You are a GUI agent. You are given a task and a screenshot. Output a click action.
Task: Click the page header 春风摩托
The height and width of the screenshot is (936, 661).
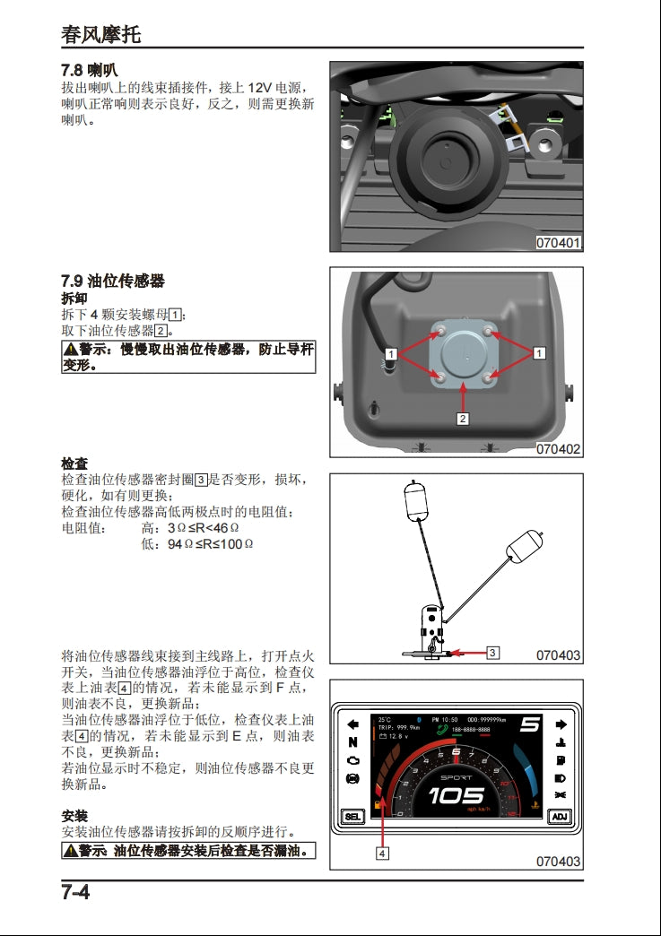click(100, 34)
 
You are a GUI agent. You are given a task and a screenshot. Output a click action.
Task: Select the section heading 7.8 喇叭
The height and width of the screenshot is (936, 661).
click(89, 70)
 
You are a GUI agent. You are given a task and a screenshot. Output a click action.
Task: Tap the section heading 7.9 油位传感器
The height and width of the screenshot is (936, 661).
click(112, 281)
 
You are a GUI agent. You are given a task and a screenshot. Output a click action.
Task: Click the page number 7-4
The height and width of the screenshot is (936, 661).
click(75, 893)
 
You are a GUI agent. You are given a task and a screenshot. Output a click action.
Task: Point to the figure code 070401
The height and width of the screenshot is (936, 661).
click(558, 242)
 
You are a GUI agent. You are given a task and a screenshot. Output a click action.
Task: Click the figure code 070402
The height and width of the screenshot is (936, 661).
click(558, 448)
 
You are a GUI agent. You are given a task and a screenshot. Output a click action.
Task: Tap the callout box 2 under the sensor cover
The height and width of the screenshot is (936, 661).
click(463, 418)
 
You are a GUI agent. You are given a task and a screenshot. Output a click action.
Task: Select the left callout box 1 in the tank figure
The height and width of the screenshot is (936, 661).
click(391, 353)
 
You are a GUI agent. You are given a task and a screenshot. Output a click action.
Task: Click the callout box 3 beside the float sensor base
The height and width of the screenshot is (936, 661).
click(492, 653)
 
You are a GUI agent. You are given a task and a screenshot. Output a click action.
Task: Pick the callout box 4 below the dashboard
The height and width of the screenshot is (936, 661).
click(382, 854)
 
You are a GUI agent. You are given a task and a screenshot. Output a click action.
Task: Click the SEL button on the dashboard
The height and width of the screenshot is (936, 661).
click(352, 817)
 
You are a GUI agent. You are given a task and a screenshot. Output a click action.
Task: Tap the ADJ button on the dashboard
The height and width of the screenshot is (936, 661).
click(560, 817)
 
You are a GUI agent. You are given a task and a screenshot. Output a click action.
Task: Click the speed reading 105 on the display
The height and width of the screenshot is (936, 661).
click(456, 795)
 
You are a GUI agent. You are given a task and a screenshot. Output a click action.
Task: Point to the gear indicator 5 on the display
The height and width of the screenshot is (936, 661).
click(530, 724)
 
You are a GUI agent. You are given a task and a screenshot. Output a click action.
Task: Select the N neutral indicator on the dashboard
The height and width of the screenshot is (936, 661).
click(352, 742)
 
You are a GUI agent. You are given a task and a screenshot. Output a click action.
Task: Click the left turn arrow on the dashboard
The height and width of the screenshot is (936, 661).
click(352, 724)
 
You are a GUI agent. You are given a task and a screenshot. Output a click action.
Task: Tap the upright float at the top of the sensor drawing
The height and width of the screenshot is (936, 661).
click(413, 501)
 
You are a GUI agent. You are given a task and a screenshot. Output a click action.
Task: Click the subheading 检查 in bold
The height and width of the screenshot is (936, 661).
click(74, 464)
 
